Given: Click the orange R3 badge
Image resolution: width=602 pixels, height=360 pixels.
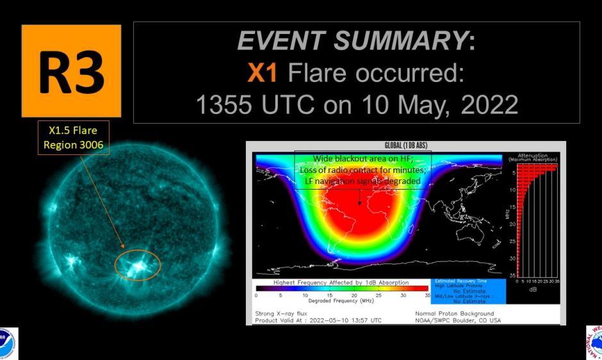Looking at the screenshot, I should [71, 71].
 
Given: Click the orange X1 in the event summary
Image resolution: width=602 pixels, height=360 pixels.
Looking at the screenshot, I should [263, 74].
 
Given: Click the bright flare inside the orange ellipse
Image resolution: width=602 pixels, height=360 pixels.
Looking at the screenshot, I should [137, 267].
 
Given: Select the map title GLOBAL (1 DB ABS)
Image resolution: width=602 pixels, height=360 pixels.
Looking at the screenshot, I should [405, 145].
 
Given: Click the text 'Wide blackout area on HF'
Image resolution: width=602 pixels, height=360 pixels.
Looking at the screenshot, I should [362, 159].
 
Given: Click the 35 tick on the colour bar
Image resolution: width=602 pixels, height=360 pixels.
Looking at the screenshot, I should [428, 296].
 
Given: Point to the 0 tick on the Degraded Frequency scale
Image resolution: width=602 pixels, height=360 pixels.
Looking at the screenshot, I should [256, 296].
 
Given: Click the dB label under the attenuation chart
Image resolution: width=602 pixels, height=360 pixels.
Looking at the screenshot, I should [533, 290].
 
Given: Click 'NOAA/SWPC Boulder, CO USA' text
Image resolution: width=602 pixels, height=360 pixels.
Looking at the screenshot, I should [457, 320].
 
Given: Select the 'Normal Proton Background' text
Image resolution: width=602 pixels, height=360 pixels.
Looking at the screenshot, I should [455, 313].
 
